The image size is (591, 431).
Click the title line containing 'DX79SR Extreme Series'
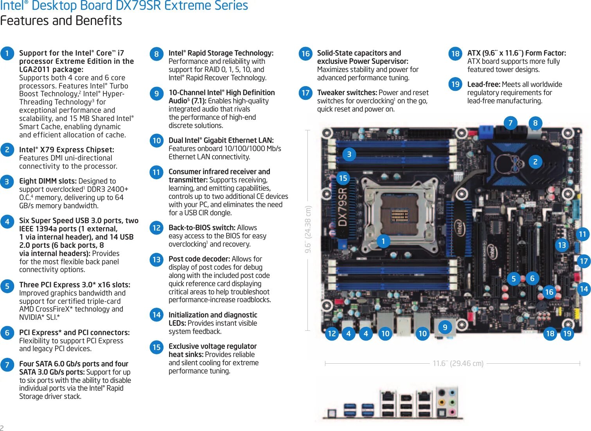point(124,6)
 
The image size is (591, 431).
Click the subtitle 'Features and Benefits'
point(61,20)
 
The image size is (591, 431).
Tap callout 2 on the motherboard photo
point(535,161)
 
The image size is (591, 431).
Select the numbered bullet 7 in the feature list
point(7,364)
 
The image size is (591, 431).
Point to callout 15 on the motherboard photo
point(343,178)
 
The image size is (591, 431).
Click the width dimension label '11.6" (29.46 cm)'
point(458,363)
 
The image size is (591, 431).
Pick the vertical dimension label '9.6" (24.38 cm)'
point(308,229)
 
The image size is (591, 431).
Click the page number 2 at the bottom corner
point(2,427)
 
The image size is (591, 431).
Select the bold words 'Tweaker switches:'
point(347,93)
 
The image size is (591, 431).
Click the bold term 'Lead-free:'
point(483,84)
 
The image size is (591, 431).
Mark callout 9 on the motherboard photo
point(445,327)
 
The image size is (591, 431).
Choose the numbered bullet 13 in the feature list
point(156,259)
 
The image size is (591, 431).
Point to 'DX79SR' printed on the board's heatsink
point(343,207)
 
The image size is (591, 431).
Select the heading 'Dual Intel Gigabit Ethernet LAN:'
point(221,140)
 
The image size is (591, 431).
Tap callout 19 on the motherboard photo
point(567,334)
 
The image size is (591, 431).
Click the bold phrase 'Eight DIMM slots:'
point(48,181)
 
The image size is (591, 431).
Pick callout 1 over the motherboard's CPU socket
point(383,241)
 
